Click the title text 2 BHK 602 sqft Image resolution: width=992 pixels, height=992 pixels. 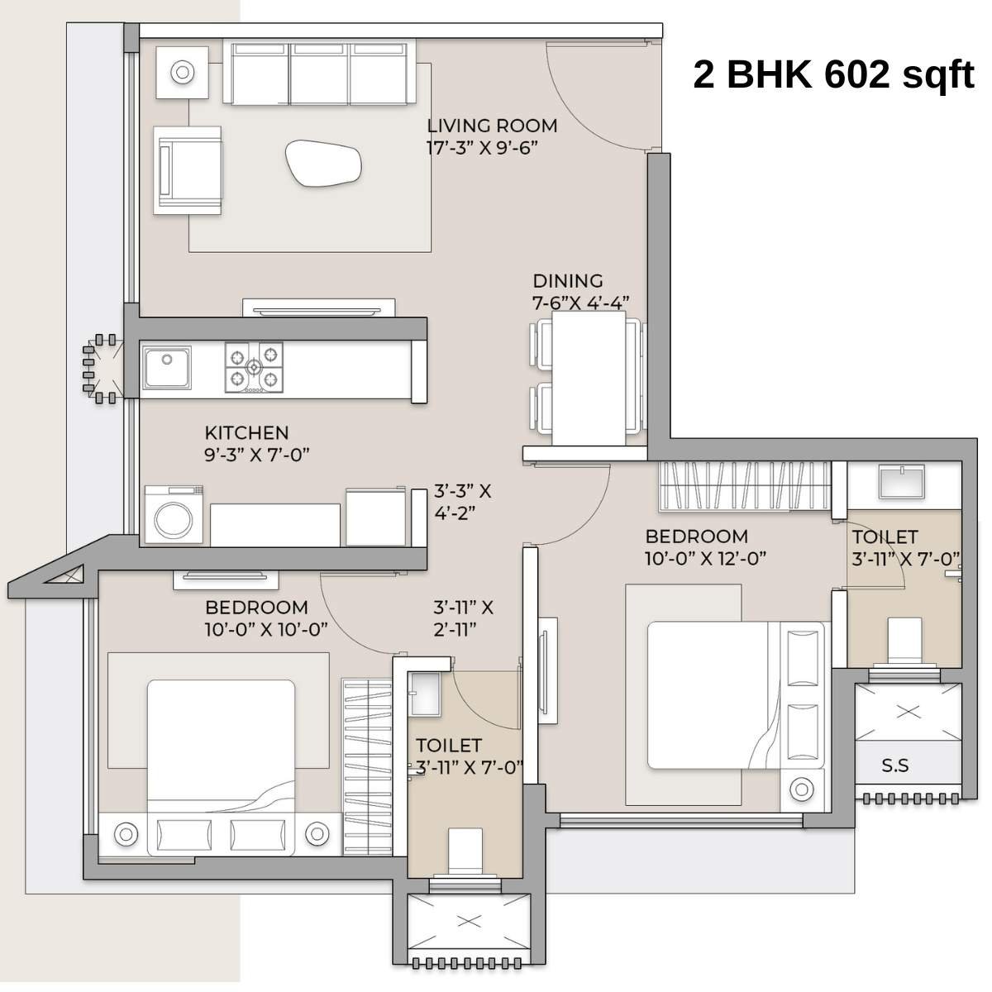833,75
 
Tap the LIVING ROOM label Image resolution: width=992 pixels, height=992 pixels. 492,126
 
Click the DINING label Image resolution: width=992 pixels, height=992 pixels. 567,280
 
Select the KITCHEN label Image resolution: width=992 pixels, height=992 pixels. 246,432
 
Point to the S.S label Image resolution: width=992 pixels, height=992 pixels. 895,765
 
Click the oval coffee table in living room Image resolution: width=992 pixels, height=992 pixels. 324,163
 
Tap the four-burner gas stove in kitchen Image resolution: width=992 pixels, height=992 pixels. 254,365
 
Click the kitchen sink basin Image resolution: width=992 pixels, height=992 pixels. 168,367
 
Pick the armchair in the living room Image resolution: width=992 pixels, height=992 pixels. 188,171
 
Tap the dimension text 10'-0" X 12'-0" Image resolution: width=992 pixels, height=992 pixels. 705,558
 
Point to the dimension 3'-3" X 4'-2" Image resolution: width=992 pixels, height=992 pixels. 463,501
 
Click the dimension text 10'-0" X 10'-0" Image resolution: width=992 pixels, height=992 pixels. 266,628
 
